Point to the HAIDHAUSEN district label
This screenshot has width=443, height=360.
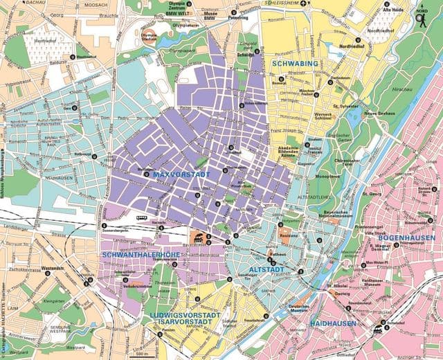(x=334, y=323)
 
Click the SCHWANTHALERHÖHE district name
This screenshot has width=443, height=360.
(x=136, y=255)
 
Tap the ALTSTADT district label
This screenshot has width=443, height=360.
(x=266, y=267)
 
